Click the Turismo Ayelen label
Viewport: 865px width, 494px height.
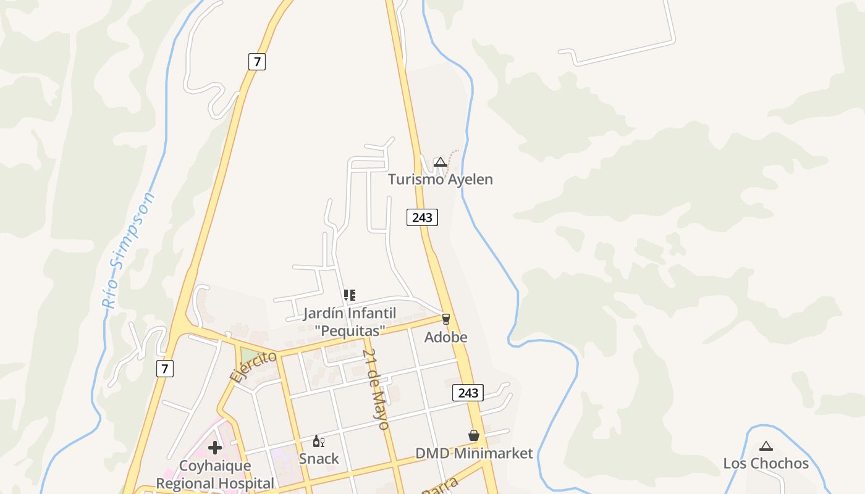(x=440, y=180)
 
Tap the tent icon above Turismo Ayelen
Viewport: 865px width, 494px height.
(x=440, y=162)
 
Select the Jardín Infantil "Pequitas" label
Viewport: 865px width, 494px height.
(x=350, y=322)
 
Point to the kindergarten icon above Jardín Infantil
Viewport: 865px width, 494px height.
(x=350, y=295)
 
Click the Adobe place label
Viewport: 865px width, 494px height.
(x=445, y=337)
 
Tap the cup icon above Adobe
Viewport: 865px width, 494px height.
(x=445, y=319)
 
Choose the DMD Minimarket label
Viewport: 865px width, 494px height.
(x=473, y=453)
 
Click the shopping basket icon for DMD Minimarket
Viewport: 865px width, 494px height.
(x=474, y=435)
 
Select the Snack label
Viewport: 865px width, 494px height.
(x=319, y=459)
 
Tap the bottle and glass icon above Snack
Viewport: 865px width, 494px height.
(x=319, y=441)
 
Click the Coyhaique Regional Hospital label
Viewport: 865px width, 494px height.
(x=215, y=474)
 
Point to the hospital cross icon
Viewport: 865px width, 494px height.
(x=215, y=448)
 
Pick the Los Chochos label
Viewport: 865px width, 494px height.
(x=766, y=463)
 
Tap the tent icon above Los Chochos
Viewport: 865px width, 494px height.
(x=766, y=446)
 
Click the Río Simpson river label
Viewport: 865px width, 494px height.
(x=129, y=250)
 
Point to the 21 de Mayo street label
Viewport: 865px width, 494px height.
(x=376, y=389)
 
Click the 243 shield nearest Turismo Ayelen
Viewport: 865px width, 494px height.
(x=422, y=217)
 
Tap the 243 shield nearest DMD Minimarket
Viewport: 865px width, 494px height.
(x=468, y=393)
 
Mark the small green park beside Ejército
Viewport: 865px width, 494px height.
(x=250, y=356)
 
